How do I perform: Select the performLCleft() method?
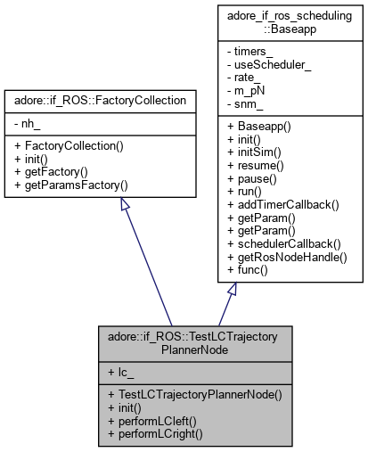tap(145, 423)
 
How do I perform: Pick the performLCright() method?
tap(149, 435)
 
